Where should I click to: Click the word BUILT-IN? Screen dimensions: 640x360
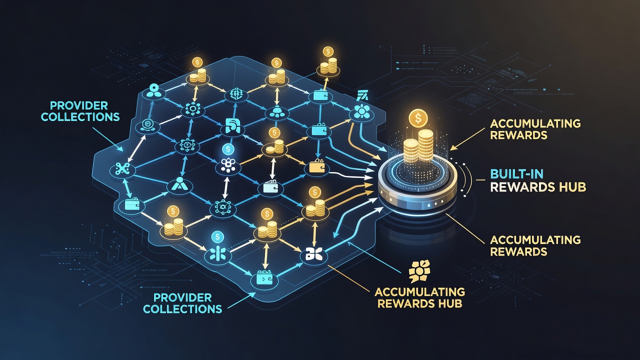pos(512,174)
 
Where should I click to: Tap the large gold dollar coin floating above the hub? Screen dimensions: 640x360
pos(418,118)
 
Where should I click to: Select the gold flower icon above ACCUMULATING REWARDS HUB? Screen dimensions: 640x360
pos(419,271)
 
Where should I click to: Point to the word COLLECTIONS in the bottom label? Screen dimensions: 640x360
pos(182,308)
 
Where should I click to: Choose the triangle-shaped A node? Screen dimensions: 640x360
pos(179,185)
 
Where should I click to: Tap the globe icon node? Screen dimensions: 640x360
pos(236,94)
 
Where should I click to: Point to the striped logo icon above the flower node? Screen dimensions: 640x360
pos(363,95)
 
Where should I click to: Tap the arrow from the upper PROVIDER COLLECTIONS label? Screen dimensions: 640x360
pos(107,139)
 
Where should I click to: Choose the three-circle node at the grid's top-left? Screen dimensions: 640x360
pos(154,91)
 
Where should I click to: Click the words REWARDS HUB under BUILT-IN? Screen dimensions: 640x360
pos(538,187)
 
